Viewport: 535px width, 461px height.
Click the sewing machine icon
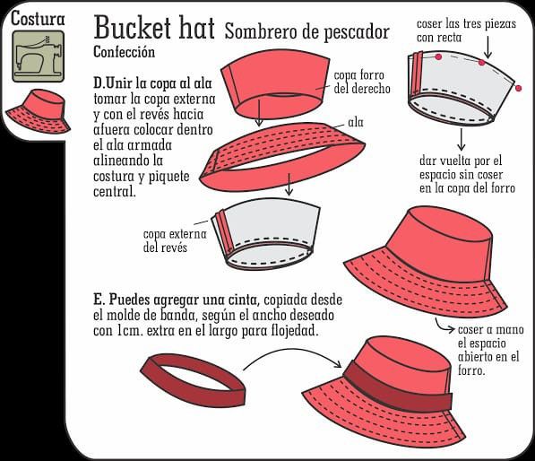(38, 57)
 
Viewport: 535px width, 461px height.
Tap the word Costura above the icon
(38, 19)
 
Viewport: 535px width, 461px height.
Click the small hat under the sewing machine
(39, 111)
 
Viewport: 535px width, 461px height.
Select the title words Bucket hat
(154, 27)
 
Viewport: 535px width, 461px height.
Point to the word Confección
(125, 51)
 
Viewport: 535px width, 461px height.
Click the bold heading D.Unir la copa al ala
(152, 83)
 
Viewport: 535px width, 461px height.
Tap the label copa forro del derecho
(362, 82)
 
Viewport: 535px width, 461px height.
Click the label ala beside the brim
(356, 122)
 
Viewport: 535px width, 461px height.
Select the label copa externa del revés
(175, 240)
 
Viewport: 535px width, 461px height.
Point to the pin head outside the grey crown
(519, 89)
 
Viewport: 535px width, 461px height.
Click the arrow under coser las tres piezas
(488, 48)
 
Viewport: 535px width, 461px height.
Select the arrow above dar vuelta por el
(461, 139)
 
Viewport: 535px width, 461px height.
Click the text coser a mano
(490, 329)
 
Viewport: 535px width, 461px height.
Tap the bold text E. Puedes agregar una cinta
(175, 300)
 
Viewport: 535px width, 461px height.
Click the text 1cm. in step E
(130, 331)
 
